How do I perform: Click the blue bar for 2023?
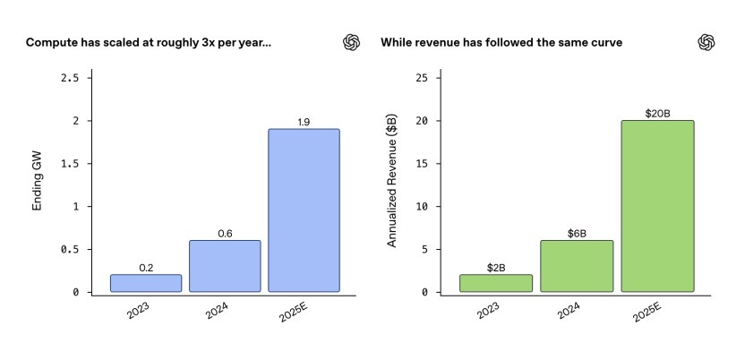[x=146, y=283]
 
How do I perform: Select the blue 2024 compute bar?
[x=225, y=266]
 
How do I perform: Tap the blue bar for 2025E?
[x=304, y=210]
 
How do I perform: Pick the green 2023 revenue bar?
[x=496, y=283]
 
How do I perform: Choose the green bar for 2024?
[x=578, y=266]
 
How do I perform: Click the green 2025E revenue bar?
[x=658, y=206]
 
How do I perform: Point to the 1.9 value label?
[x=304, y=122]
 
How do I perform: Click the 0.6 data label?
[x=225, y=234]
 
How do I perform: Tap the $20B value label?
[x=658, y=114]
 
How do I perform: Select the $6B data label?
[x=578, y=234]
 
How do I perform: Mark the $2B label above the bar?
[x=496, y=268]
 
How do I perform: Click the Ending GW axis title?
[x=38, y=184]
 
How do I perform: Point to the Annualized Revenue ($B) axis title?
[x=391, y=184]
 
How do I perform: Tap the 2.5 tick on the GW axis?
[x=69, y=78]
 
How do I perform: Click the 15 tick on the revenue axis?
[x=420, y=164]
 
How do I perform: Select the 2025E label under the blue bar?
[x=295, y=315]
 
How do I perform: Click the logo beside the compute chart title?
[x=352, y=42]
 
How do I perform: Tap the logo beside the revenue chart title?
[x=706, y=42]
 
